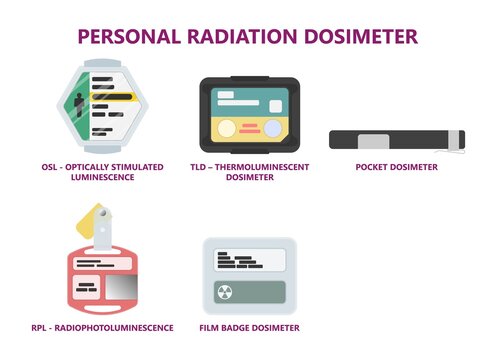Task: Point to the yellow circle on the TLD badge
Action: click(x=229, y=129)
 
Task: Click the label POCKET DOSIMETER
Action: click(x=397, y=167)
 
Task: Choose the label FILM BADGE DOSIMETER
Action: click(x=249, y=327)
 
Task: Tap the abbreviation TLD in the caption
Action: click(x=200, y=167)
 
